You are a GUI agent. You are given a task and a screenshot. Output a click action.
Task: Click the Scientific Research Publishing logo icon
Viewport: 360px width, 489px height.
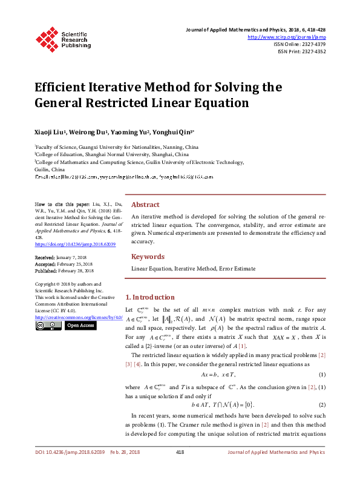[x=47, y=38]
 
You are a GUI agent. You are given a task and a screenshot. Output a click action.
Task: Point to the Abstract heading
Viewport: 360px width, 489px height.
[x=145, y=205]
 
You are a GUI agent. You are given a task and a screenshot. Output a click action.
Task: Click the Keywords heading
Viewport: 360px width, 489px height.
[x=148, y=257]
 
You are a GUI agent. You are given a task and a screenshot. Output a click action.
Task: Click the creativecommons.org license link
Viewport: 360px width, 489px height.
[x=79, y=317]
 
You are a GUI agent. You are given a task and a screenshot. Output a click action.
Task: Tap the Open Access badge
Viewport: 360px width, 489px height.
[x=80, y=326]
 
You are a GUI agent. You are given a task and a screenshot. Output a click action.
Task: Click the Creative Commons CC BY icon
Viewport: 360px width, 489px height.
[x=48, y=326]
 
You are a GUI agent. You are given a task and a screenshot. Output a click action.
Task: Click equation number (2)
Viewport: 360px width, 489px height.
[x=322, y=404]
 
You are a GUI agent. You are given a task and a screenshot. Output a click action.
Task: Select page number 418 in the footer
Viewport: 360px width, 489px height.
[x=180, y=469]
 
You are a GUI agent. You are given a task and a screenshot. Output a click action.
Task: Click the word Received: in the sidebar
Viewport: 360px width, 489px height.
[x=47, y=257]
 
